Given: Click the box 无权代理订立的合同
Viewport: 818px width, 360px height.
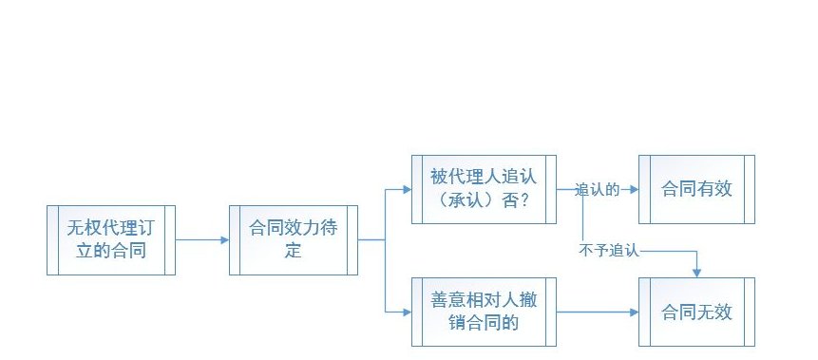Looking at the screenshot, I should click(111, 239).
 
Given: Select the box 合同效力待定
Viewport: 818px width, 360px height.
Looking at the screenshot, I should click(294, 239).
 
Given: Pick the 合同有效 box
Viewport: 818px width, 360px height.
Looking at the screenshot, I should click(697, 189).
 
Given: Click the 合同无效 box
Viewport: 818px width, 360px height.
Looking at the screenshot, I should click(697, 311).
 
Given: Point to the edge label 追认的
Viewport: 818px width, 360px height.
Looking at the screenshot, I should click(598, 190).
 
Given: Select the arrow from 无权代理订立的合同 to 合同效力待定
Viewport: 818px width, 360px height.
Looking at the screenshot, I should click(201, 240).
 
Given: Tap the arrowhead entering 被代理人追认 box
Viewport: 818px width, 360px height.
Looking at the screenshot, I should click(407, 190).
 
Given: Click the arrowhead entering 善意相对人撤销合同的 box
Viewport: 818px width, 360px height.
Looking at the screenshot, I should click(407, 311).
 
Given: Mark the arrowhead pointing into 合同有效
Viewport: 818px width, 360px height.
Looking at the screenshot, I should click(634, 190).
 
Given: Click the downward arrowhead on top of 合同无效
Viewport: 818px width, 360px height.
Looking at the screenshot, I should click(697, 273).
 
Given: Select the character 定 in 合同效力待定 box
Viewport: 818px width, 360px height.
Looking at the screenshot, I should click(294, 252).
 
